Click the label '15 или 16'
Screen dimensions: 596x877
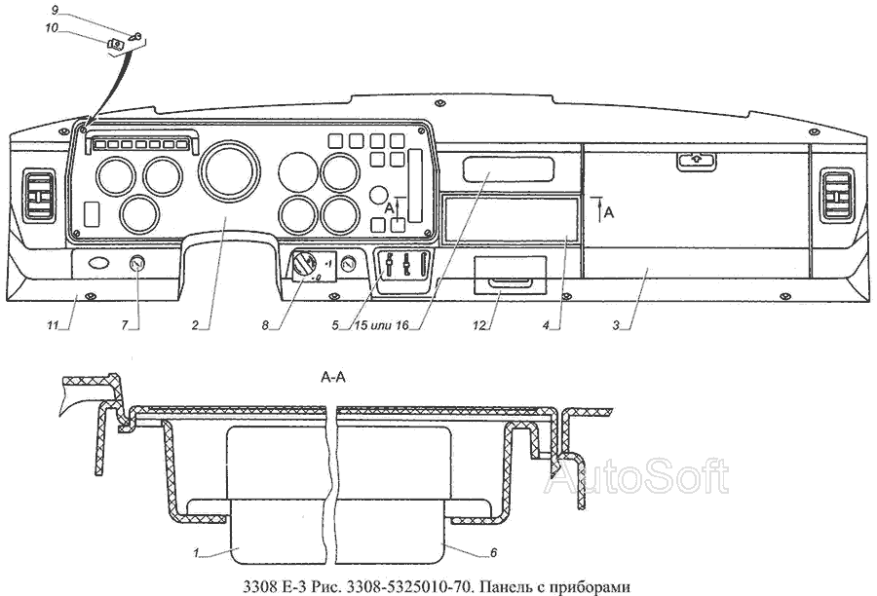click(380, 325)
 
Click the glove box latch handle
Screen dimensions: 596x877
click(694, 161)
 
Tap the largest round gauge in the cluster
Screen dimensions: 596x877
click(225, 169)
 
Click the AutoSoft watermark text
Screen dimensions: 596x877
click(636, 476)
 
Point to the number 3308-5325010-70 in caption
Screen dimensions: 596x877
click(397, 584)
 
